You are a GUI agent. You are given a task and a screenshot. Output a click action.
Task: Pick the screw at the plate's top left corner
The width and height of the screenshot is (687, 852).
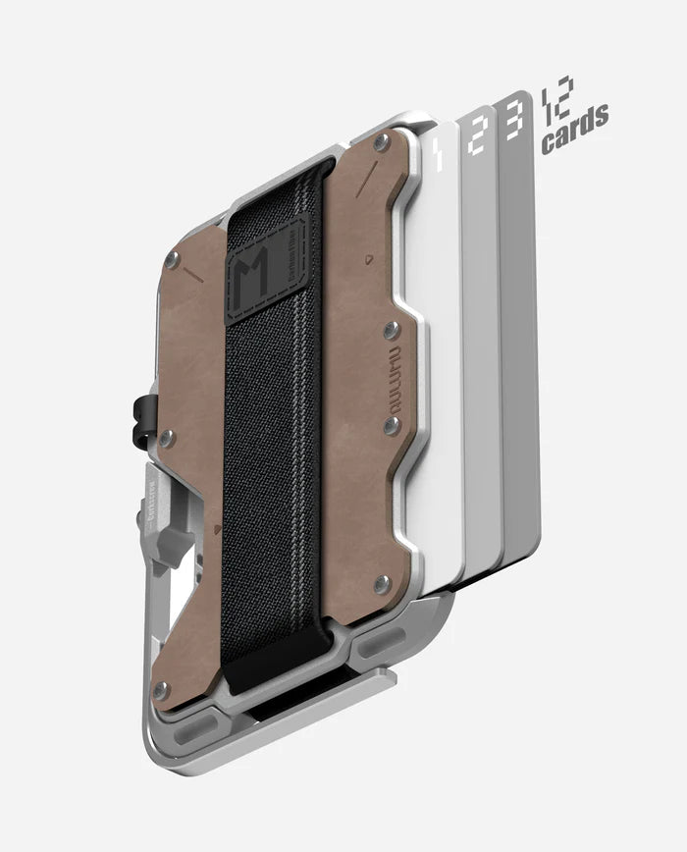[x=173, y=259]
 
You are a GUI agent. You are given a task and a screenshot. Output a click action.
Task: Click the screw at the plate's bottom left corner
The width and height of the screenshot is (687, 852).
[x=161, y=688]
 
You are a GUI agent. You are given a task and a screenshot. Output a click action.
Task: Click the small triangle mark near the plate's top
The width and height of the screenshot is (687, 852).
[x=367, y=260]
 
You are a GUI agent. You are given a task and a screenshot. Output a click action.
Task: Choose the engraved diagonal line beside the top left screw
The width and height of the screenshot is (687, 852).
[x=192, y=278]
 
